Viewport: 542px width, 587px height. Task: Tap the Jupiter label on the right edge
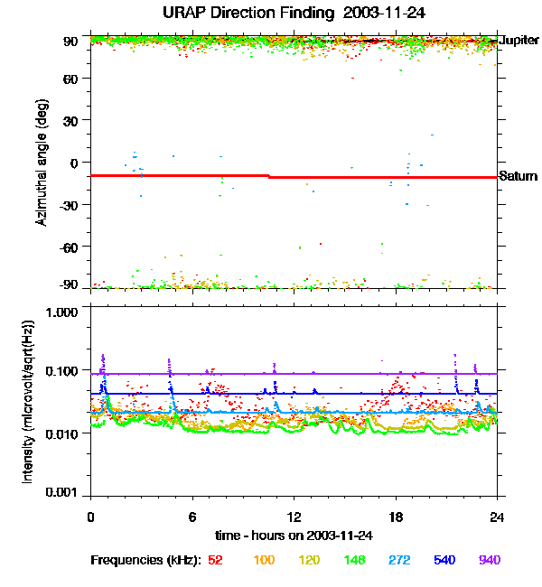[519, 41]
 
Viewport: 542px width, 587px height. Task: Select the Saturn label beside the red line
[518, 176]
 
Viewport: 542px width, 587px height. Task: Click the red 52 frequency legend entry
[215, 560]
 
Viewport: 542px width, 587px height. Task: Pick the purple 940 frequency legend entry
[490, 560]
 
